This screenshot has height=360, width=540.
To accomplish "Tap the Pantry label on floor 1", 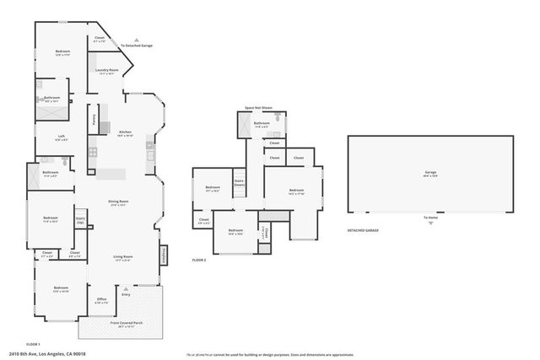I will [94, 119].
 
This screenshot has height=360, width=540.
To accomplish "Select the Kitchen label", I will [125, 132].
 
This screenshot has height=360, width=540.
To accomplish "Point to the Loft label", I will [62, 137].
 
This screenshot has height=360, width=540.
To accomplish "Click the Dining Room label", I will [117, 201].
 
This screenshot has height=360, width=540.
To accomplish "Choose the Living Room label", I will [123, 258].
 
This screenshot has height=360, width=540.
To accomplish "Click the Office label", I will [100, 300].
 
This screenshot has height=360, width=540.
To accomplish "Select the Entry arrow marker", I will [126, 290].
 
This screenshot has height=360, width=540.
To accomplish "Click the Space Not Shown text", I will [258, 108].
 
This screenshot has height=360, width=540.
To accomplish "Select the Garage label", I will [430, 173].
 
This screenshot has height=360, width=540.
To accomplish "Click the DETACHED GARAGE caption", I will [363, 230].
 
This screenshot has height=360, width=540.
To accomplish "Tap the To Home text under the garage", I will [430, 218].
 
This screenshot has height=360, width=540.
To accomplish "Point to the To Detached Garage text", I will [136, 46].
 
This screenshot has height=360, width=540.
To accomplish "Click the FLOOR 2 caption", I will [199, 261].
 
